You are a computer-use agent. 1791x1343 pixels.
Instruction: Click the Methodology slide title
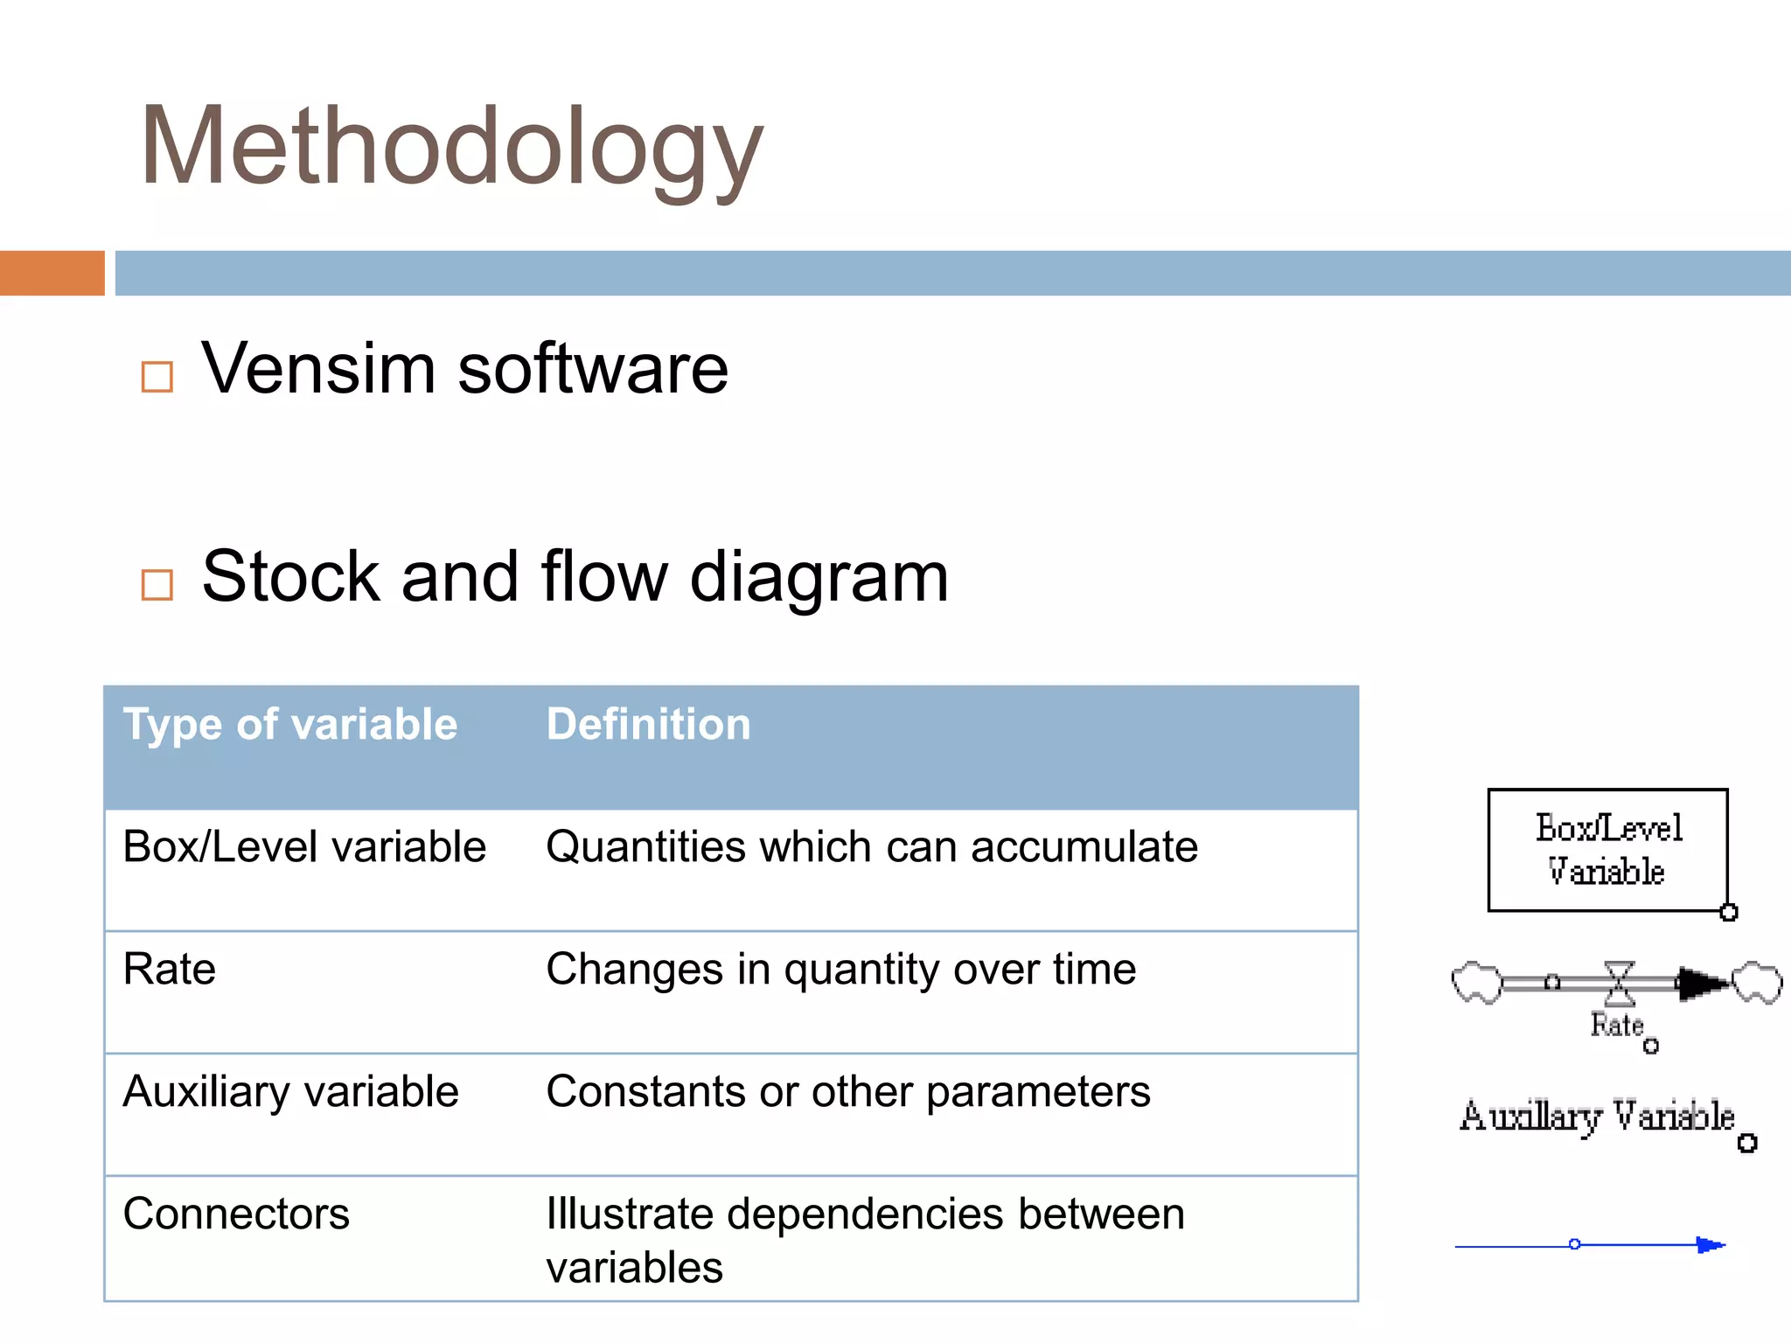click(x=451, y=147)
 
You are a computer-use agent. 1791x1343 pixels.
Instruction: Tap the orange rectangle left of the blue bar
click(x=52, y=273)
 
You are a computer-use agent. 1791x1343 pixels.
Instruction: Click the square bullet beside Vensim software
click(x=157, y=377)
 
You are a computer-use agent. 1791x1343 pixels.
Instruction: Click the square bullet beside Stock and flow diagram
click(x=157, y=584)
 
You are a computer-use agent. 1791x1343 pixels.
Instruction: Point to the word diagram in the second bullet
click(x=819, y=577)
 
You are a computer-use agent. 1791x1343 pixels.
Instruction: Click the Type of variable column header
click(x=289, y=725)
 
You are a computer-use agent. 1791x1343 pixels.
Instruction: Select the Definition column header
click(x=648, y=725)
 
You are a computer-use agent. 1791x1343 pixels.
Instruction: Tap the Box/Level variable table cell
click(x=304, y=847)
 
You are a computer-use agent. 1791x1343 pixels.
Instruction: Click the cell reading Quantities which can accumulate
click(x=871, y=847)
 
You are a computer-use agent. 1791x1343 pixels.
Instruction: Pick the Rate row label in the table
click(x=170, y=970)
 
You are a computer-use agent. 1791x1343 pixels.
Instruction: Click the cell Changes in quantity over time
click(x=840, y=970)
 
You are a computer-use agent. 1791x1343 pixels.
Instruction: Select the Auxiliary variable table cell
click(x=290, y=1092)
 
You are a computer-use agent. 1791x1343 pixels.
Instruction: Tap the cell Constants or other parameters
click(x=847, y=1092)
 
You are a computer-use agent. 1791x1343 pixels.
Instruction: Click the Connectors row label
click(x=236, y=1214)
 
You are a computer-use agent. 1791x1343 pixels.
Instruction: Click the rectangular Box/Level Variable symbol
click(x=1607, y=850)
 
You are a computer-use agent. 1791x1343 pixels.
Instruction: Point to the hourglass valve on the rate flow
click(x=1619, y=983)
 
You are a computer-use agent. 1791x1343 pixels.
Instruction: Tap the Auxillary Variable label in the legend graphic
click(x=1597, y=1117)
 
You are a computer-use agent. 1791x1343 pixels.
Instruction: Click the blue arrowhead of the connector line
click(x=1710, y=1244)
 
